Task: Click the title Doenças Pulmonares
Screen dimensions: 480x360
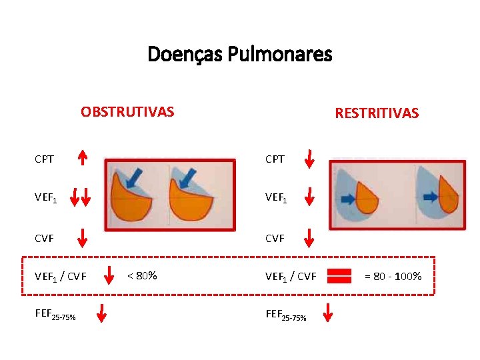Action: click(239, 53)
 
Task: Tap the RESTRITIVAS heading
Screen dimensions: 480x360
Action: click(377, 113)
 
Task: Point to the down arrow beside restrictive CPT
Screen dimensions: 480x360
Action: click(309, 159)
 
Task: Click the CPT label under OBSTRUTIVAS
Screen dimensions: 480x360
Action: click(45, 159)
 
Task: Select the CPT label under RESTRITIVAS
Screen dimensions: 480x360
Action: click(275, 159)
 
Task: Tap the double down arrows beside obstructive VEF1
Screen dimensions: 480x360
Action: click(82, 197)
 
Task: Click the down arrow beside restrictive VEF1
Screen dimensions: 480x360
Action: click(309, 197)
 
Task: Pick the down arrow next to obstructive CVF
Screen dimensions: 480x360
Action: click(82, 236)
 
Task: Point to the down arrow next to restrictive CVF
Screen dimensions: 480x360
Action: click(309, 236)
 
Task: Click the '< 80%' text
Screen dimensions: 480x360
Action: click(142, 275)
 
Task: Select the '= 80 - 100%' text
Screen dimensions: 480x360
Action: click(394, 275)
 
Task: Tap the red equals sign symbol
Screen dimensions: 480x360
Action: click(339, 275)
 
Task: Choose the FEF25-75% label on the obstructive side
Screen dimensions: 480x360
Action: click(55, 315)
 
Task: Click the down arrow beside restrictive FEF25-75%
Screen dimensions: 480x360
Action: click(328, 313)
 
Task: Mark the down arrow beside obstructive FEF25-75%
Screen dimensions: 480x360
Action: click(101, 313)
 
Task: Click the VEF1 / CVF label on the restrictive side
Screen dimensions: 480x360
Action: click(291, 276)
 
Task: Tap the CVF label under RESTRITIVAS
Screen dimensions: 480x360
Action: click(275, 237)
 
